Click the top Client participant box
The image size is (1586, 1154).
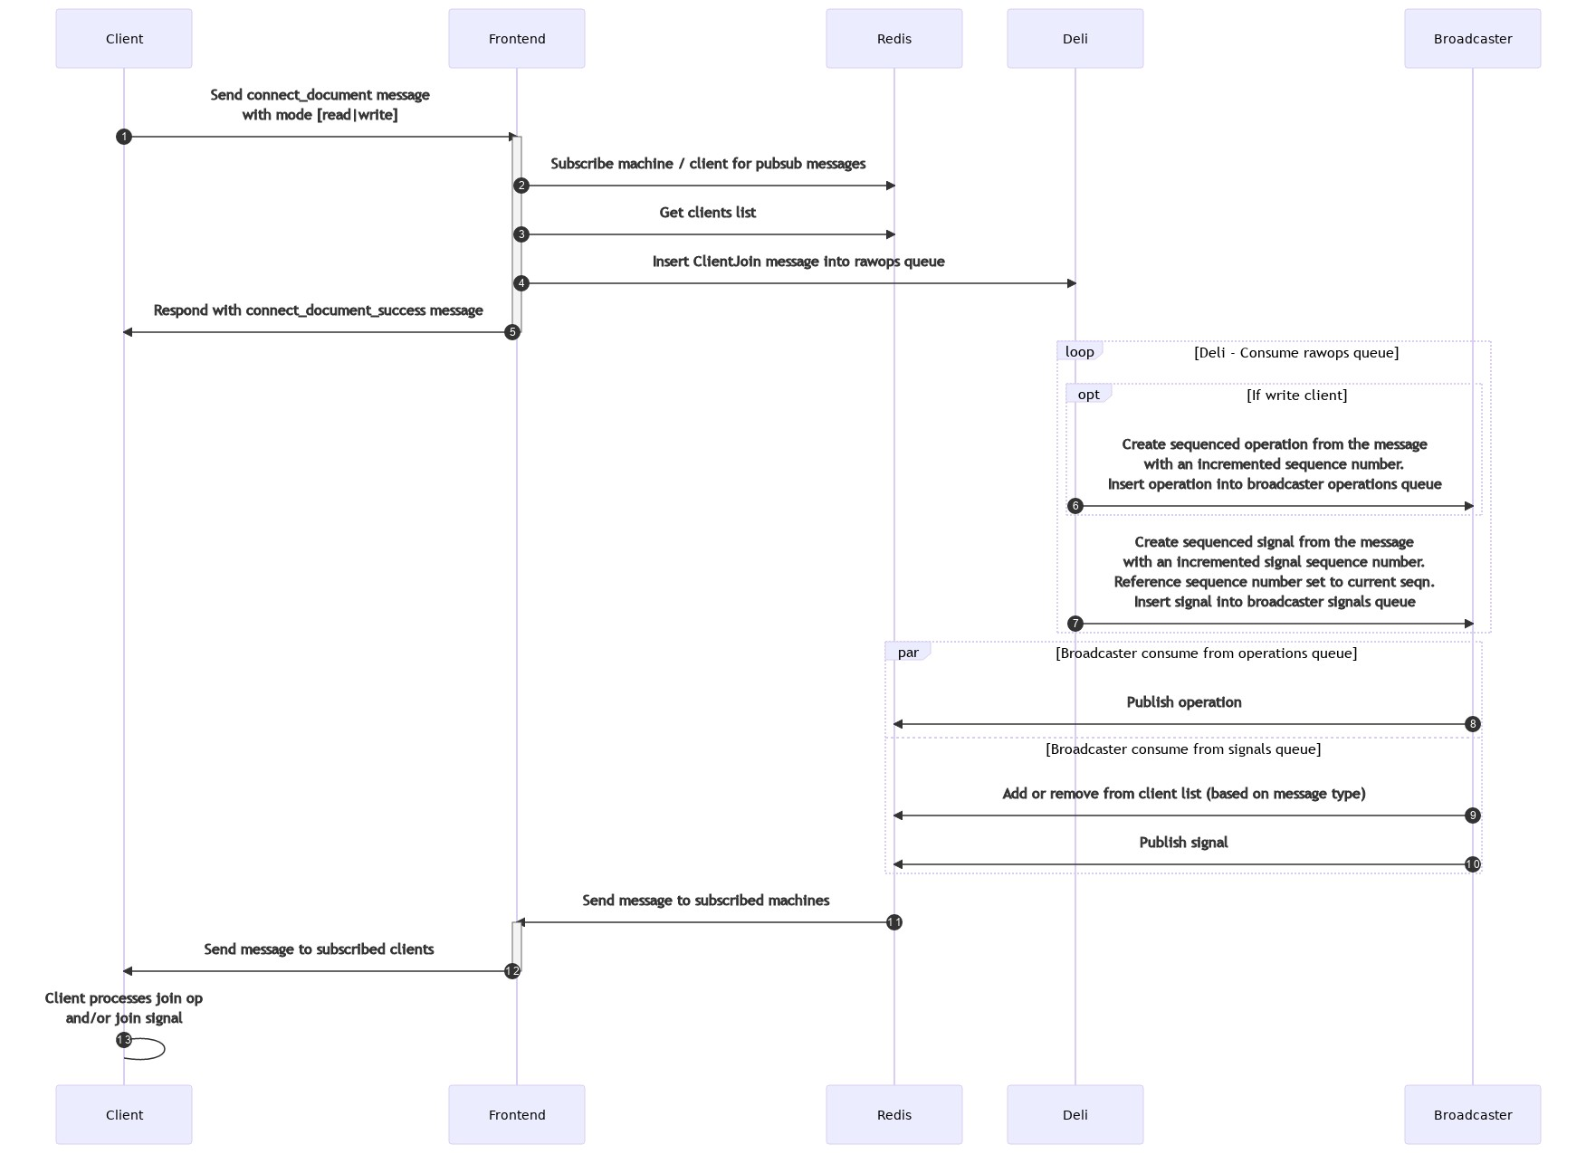[124, 39]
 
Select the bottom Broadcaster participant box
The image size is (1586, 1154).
[1472, 1114]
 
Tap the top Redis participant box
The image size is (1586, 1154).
[893, 39]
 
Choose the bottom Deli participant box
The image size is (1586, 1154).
[1075, 1114]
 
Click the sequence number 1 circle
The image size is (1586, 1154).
[124, 137]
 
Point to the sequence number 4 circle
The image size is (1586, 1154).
[521, 283]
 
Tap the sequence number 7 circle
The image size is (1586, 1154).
[1075, 624]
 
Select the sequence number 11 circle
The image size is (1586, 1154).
[893, 922]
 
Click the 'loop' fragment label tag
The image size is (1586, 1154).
[1079, 352]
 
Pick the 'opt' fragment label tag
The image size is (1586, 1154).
[1088, 395]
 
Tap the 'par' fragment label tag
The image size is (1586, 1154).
[907, 653]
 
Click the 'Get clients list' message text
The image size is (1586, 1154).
[707, 213]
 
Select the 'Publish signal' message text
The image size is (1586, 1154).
[1183, 843]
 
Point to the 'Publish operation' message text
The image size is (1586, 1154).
[1183, 702]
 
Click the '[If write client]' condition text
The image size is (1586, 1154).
[1296, 396]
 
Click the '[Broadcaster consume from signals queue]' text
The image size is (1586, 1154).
[1182, 749]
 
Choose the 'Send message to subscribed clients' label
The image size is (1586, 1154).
[319, 949]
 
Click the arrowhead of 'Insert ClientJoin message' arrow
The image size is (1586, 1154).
[1071, 283]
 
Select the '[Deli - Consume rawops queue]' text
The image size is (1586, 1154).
[1295, 353]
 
